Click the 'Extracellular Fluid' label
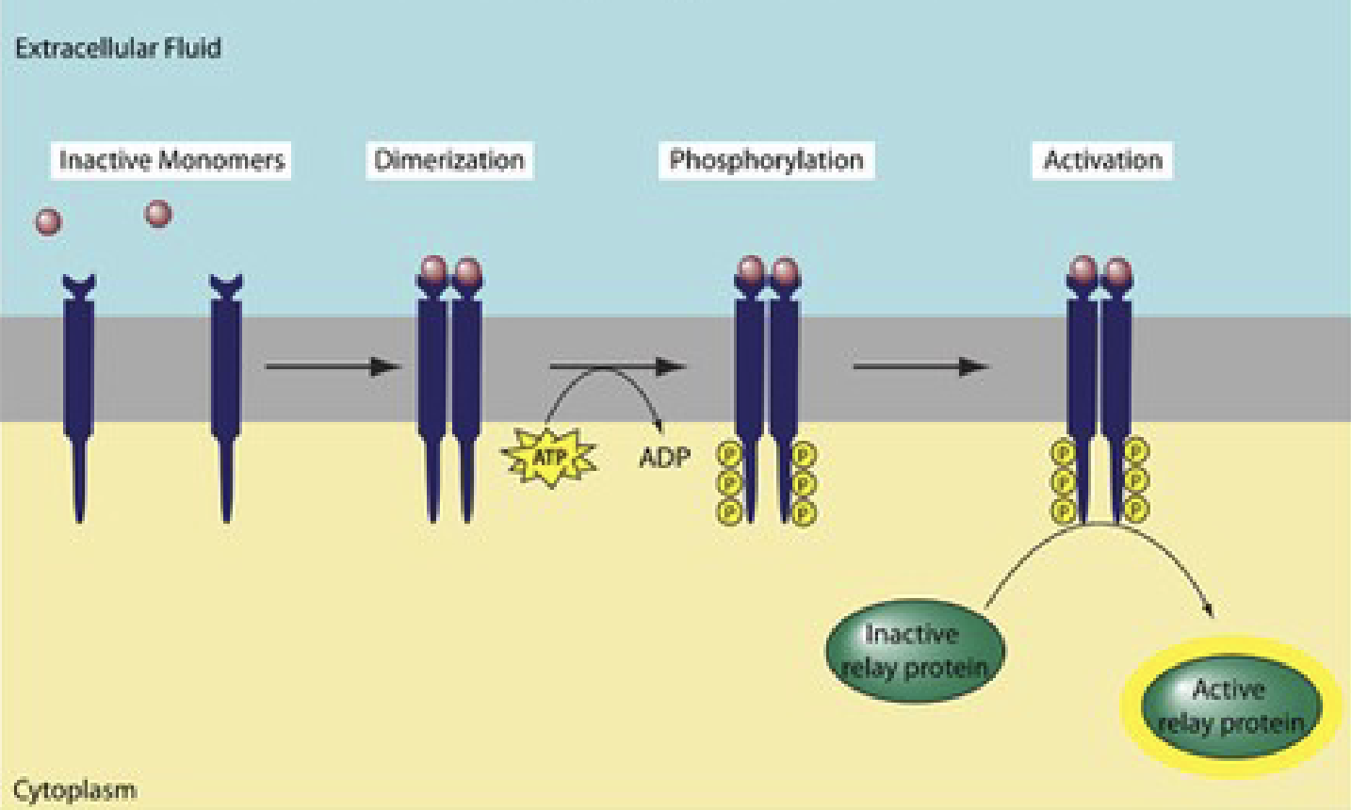point(118,48)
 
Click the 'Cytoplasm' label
point(74,789)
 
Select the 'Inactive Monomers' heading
point(171,160)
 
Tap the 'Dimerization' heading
point(448,160)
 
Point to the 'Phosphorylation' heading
point(766,160)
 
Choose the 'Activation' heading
point(1102,160)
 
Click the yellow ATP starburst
point(550,458)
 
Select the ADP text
point(664,458)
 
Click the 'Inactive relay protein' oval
point(915,651)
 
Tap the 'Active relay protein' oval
point(1230,706)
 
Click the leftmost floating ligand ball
point(48,222)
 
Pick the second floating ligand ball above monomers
point(158,214)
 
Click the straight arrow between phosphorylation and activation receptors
point(920,366)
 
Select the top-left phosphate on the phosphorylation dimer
point(728,455)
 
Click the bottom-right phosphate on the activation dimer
point(1137,510)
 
